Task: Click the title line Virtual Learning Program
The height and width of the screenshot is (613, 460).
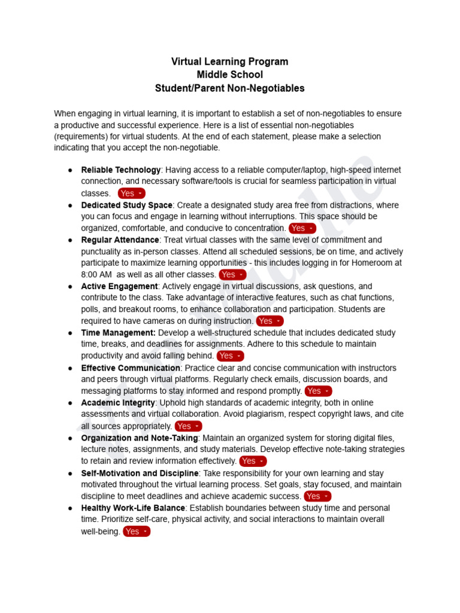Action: coord(229,62)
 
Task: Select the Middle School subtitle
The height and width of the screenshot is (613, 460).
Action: coord(229,75)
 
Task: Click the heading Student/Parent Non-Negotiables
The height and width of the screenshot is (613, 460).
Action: coord(229,88)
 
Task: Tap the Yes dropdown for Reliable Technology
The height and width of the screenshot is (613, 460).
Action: coord(131,193)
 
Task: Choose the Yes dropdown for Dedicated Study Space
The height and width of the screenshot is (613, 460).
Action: coord(302,228)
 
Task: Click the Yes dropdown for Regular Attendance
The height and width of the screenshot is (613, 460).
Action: coord(232,275)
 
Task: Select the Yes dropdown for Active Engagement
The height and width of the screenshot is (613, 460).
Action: coord(270,321)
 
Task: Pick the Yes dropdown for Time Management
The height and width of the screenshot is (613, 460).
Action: coord(231,356)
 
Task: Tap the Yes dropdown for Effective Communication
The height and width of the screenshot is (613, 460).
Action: coord(319,391)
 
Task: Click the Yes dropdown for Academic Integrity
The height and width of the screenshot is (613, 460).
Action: coord(188,426)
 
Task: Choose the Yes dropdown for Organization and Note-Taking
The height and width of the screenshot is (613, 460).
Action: coord(253,461)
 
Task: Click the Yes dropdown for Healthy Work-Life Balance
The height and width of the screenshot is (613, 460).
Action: coord(137,532)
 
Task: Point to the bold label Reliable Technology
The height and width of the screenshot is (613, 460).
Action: coord(121,170)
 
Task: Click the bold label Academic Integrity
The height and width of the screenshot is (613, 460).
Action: coord(118,403)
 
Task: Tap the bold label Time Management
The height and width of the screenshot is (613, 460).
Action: coord(119,333)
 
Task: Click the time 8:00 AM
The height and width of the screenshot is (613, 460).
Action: coord(96,275)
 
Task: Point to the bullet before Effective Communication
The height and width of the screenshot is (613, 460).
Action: coord(71,368)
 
